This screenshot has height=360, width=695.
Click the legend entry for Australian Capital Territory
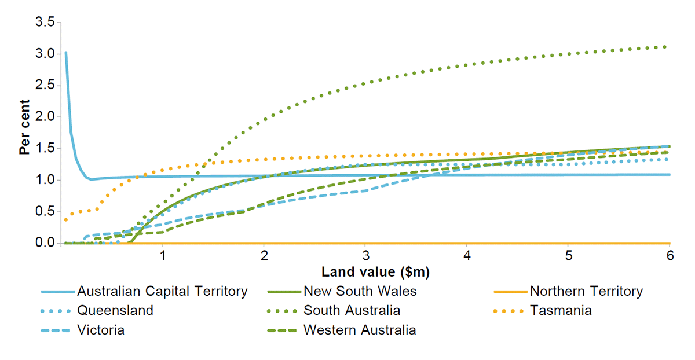162,291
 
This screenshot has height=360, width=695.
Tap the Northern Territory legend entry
586,291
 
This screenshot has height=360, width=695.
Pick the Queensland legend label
115,310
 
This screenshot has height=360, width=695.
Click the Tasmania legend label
561,310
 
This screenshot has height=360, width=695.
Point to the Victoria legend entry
101,330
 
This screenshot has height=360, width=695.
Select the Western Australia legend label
360,330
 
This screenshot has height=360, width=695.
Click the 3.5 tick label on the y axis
45,23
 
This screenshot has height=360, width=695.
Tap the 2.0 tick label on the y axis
45,117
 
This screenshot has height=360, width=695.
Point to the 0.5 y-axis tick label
45,212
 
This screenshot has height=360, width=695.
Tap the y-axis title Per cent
24,133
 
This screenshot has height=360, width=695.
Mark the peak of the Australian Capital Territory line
66,52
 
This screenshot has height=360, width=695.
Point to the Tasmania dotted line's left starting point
66,219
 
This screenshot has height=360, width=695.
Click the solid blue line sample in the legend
58,291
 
